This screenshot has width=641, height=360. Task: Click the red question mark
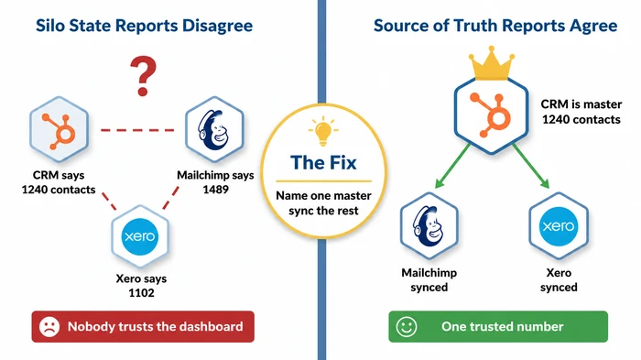[140, 77]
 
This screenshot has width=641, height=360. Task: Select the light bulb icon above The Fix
[321, 131]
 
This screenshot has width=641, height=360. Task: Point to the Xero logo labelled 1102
[139, 237]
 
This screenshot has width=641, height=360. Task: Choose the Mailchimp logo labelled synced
[429, 225]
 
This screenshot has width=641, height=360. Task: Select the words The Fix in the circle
[320, 163]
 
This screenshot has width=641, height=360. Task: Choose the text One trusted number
[502, 326]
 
